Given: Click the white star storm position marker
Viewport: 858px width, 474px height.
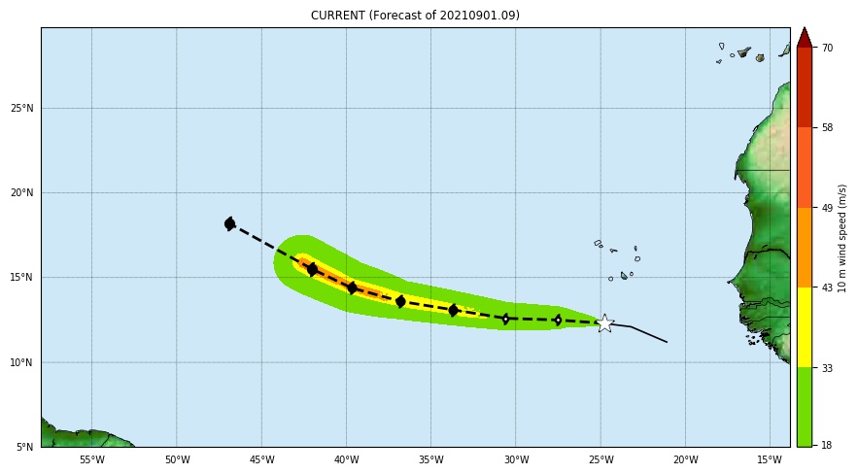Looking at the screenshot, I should tap(604, 323).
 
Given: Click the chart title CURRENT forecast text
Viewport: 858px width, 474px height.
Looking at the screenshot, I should tap(415, 16).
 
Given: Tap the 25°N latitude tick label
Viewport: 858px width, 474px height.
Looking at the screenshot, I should tap(22, 108).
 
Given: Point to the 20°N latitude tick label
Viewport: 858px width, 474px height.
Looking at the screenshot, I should tap(22, 192).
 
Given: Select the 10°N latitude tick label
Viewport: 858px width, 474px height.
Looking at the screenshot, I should tap(22, 362).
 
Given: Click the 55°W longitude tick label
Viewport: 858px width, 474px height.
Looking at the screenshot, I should tap(91, 459).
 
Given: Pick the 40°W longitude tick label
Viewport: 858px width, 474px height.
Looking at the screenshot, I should tap(346, 459).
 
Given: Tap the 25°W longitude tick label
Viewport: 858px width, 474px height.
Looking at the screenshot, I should tap(601, 459).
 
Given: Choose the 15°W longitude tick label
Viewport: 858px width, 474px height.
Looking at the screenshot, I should tap(770, 459).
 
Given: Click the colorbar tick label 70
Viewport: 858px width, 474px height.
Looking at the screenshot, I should tap(827, 48).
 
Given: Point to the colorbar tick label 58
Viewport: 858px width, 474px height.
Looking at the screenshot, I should tap(827, 127).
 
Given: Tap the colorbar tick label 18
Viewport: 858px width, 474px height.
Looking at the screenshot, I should tap(827, 445).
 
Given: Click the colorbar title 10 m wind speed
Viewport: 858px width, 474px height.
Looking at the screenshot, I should tap(843, 238).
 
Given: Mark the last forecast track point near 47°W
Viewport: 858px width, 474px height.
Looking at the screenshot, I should tap(229, 223).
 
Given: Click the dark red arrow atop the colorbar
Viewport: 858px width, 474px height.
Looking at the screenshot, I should tap(804, 38).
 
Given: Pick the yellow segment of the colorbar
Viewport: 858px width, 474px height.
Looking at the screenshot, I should tap(804, 326).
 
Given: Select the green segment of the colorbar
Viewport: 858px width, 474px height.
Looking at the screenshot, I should tap(804, 406).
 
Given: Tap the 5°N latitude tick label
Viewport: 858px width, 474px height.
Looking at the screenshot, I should tap(25, 447).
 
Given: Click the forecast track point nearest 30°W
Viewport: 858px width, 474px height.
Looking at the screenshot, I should tap(505, 319).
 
